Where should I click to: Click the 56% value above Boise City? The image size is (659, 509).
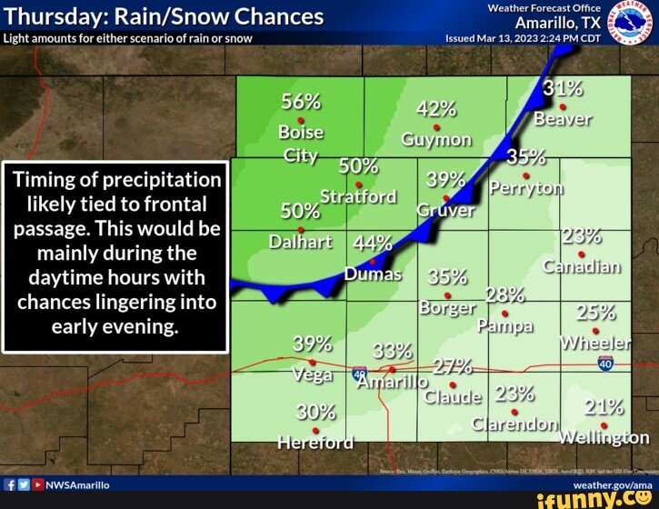click(301, 101)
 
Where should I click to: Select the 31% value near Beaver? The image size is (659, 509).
click(564, 88)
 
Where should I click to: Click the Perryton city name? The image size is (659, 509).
click(526, 188)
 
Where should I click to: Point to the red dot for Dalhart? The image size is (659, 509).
click(301, 228)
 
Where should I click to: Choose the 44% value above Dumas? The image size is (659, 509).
click(373, 244)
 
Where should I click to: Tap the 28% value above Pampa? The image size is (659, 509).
click(505, 294)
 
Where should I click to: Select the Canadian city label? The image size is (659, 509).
click(582, 266)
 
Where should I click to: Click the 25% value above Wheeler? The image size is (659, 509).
click(596, 313)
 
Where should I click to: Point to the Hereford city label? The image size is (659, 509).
click(315, 443)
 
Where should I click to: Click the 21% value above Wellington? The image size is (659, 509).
click(604, 406)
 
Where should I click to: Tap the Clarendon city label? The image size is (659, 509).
click(514, 424)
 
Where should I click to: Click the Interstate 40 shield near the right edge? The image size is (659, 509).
click(606, 364)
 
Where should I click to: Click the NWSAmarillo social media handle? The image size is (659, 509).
click(77, 485)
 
